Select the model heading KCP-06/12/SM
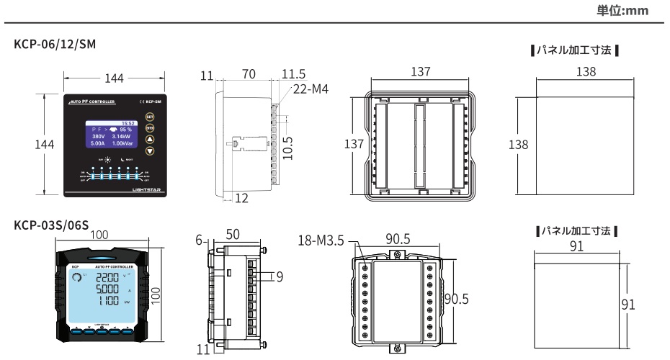pos(55,45)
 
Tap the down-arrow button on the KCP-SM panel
pos(150,151)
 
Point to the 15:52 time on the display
pos(129,123)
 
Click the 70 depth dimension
pos(249,73)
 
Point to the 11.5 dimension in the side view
pos(292,73)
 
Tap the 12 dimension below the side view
pos(240,200)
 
